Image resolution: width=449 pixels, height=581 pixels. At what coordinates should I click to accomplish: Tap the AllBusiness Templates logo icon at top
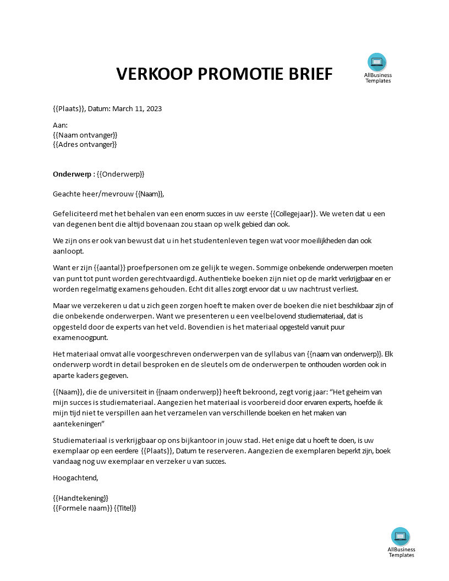pos(377,62)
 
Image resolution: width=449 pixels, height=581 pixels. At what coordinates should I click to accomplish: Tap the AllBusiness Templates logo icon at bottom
pos(401,536)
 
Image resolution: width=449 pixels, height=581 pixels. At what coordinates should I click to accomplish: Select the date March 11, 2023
pos(137,108)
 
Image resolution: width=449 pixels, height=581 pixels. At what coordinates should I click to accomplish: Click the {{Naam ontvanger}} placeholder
pos(85,135)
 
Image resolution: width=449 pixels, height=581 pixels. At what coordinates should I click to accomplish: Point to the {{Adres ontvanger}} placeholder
pos(85,144)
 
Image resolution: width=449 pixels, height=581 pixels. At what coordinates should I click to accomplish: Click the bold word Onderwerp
pos(72,174)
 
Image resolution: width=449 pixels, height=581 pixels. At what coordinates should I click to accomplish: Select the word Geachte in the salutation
pos(66,194)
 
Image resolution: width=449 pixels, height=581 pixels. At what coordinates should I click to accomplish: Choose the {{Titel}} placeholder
pos(125,508)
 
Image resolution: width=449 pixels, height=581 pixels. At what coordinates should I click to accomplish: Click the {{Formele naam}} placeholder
pos(82,508)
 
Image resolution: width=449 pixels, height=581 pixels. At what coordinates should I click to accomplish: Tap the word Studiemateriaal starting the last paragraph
pos(79,440)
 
